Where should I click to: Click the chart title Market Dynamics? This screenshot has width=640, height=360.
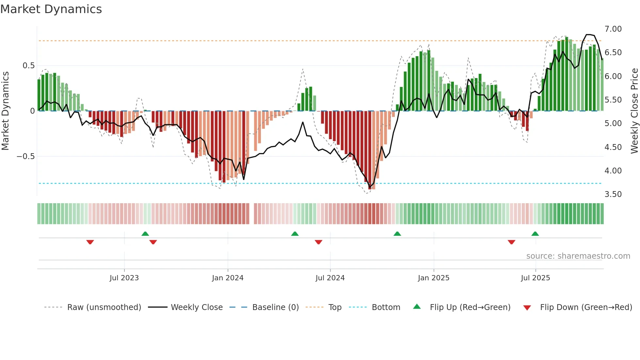pyautogui.click(x=51, y=9)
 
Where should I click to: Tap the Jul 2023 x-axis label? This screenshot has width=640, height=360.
pyautogui.click(x=124, y=278)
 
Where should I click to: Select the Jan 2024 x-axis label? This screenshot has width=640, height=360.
pyautogui.click(x=228, y=278)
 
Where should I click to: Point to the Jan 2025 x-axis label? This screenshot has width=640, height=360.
pyautogui.click(x=434, y=278)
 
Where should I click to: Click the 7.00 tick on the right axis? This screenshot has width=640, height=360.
pyautogui.click(x=613, y=29)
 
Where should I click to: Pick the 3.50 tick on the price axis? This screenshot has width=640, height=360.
pyautogui.click(x=613, y=194)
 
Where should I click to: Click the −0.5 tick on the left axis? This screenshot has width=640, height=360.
pyautogui.click(x=26, y=156)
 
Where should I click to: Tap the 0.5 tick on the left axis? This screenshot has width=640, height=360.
pyautogui.click(x=28, y=66)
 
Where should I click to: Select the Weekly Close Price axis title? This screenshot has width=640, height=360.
pyautogui.click(x=634, y=111)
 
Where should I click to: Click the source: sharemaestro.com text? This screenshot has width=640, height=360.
pyautogui.click(x=578, y=256)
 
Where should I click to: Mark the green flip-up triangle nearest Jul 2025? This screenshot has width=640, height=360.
pyautogui.click(x=535, y=234)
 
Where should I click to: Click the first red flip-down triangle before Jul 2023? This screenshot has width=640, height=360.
pyautogui.click(x=90, y=242)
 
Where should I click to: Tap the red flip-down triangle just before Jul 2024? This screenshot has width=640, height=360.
pyautogui.click(x=318, y=242)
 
